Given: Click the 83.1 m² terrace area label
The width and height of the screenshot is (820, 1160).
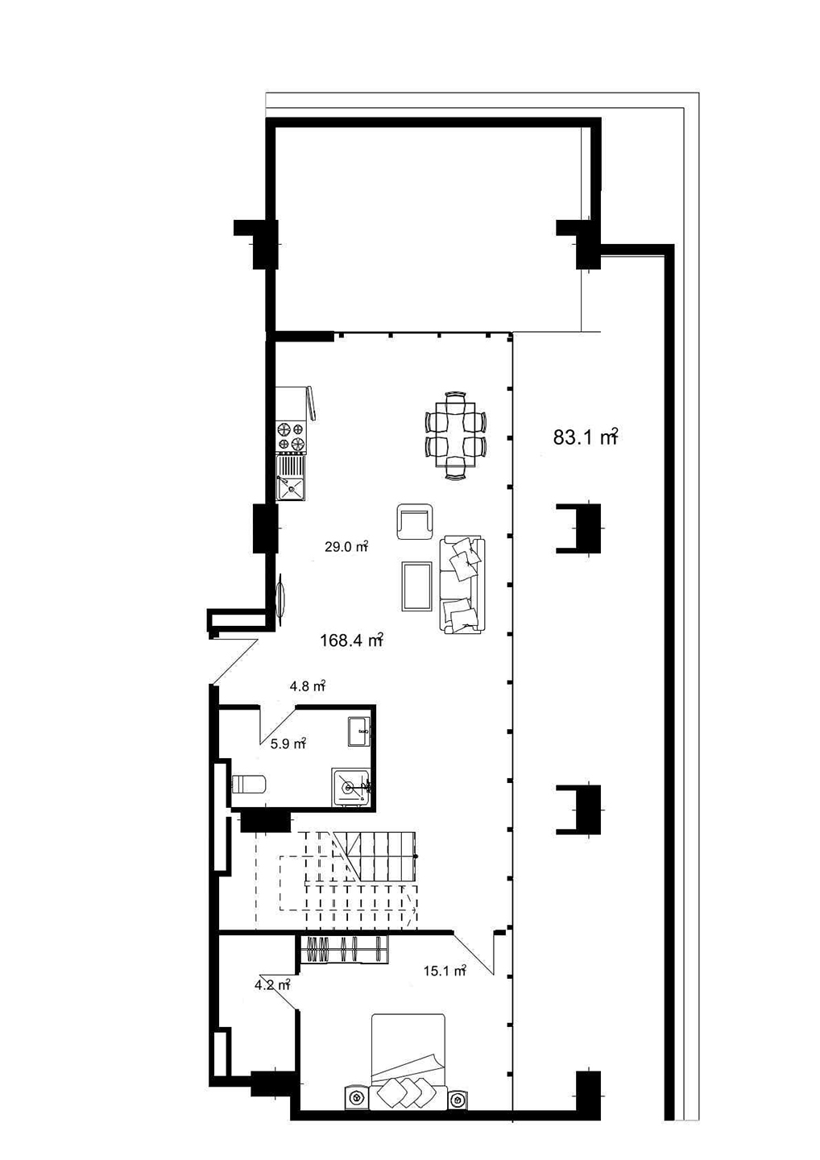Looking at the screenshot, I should point(585,437).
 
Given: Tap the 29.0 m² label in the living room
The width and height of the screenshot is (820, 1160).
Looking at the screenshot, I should point(346,547).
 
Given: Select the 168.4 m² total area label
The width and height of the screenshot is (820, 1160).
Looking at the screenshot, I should point(350,640).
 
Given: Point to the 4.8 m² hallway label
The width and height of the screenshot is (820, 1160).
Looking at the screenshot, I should point(307,687).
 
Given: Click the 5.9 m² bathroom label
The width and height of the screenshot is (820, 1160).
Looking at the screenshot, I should point(288,744).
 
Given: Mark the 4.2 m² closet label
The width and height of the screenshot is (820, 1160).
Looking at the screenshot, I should point(271,984).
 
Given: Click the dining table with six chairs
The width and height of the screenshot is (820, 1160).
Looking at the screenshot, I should point(455,435).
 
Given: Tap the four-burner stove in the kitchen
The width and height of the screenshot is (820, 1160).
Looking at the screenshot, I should point(291,436).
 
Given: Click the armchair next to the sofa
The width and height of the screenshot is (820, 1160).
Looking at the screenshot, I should point(415,521).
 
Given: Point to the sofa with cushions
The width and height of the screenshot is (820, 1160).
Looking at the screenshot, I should point(462,585).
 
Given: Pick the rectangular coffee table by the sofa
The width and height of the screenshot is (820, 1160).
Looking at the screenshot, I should point(416,586).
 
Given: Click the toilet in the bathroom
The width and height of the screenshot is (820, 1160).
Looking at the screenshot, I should point(248,784).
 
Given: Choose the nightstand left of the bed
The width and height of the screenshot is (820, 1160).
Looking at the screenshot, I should point(355,1097).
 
